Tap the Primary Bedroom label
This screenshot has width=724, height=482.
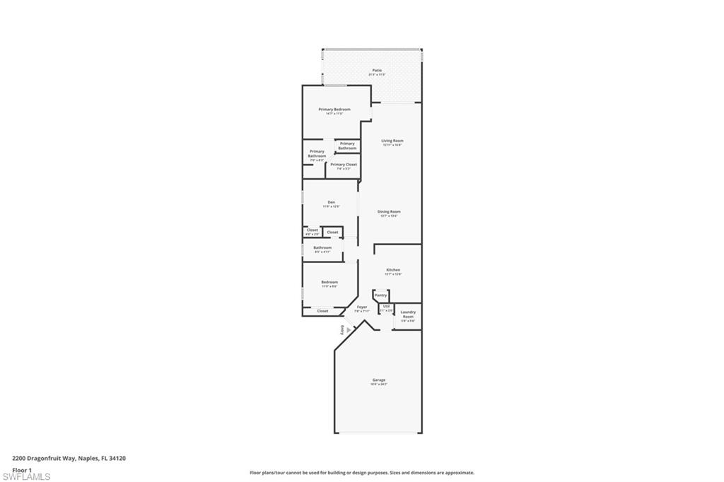tap(334, 110)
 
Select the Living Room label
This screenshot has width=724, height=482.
tap(392, 141)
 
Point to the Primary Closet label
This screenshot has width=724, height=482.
tap(344, 165)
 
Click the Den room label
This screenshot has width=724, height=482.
tap(331, 203)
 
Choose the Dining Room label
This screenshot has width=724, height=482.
tap(389, 211)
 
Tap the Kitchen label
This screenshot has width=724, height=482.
tap(393, 270)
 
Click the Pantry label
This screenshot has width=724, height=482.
tap(380, 295)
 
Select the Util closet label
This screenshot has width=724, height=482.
tap(386, 306)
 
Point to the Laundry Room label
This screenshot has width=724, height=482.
tap(408, 315)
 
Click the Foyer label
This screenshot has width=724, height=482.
tap(362, 307)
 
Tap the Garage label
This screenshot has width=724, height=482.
tap(379, 380)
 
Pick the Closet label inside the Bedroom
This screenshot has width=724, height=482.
tap(322, 311)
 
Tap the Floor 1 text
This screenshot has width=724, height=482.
tap(22, 469)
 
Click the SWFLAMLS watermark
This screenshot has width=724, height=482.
tap(27, 477)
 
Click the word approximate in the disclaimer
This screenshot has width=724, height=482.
tap(460, 473)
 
